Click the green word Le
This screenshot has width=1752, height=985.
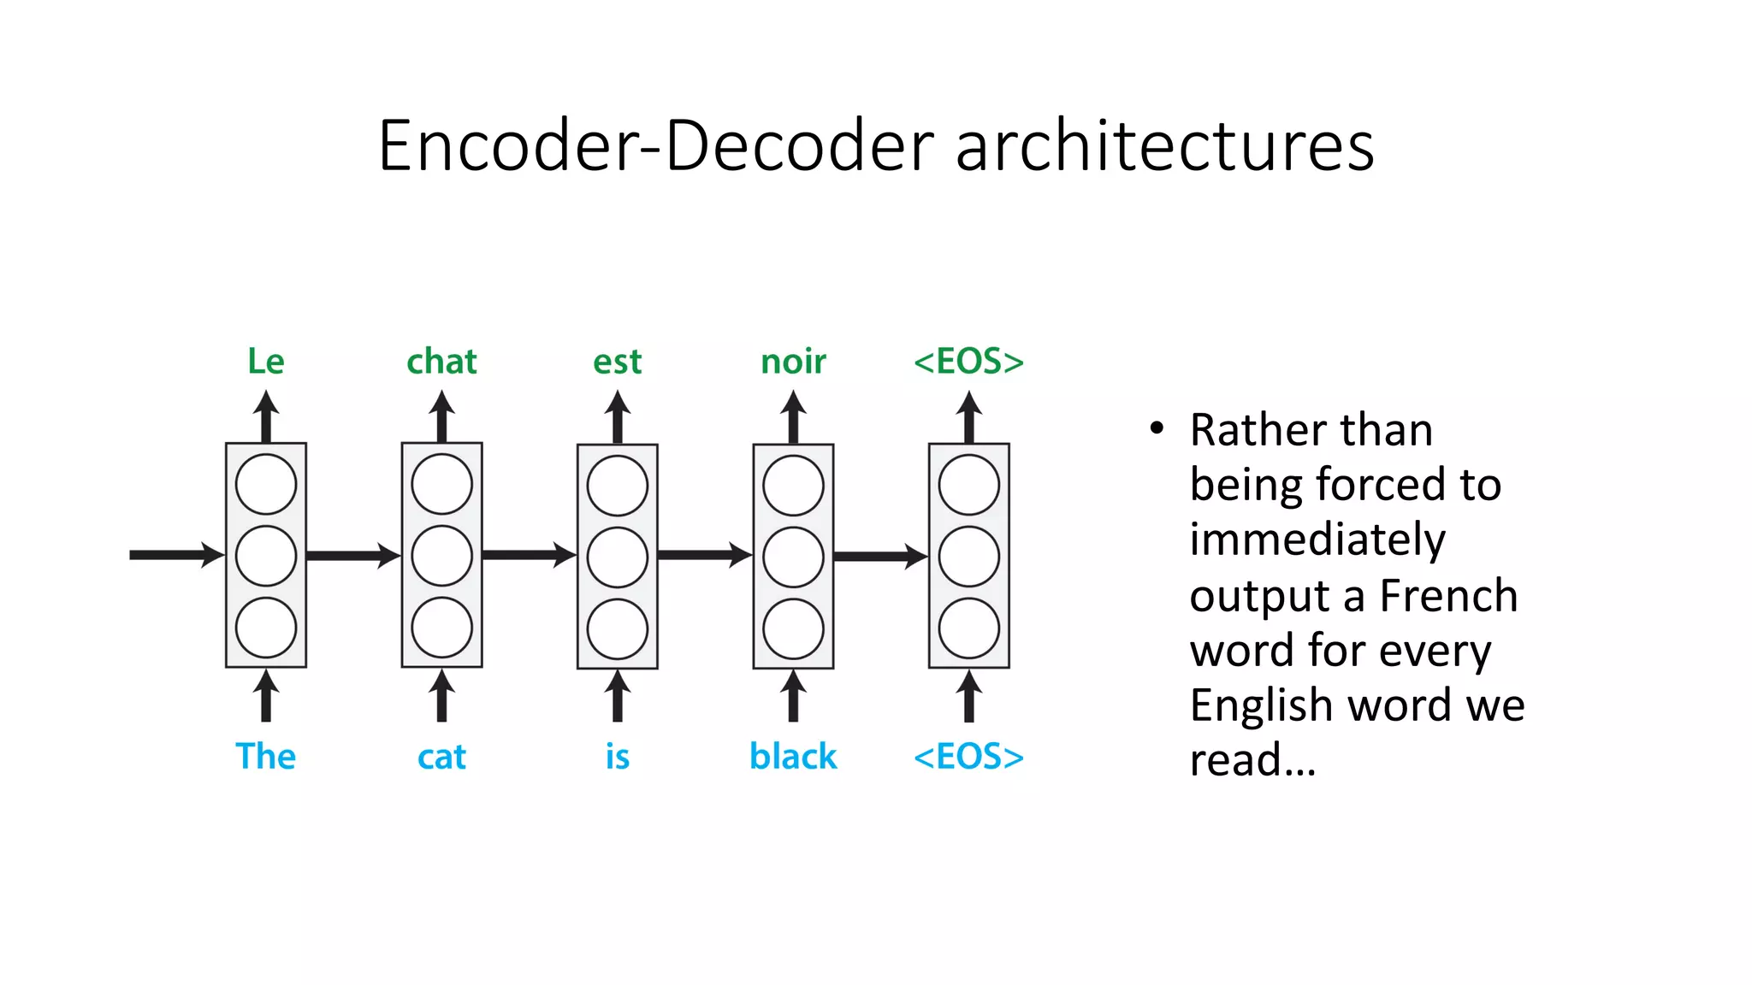coord(265,362)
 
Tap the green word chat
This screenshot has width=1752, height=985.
coord(441,362)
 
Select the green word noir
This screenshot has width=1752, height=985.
coord(793,362)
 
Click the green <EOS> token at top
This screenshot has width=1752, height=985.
coord(968,362)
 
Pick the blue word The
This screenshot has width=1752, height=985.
coord(265,757)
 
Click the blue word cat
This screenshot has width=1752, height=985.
coord(441,758)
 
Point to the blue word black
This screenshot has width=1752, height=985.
coord(793,757)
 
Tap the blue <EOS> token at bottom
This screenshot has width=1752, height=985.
coord(968,757)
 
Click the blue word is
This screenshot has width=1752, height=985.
coord(617,757)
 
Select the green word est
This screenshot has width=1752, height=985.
coord(617,362)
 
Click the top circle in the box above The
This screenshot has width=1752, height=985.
coord(266,484)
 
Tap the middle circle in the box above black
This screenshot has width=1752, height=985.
coord(793,557)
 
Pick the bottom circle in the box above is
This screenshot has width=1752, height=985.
coord(618,628)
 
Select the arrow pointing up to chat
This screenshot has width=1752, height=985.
coord(441,416)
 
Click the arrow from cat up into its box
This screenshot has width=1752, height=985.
coord(441,695)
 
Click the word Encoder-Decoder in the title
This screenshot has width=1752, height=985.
coord(655,145)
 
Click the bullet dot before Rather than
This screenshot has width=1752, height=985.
coord(1157,428)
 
